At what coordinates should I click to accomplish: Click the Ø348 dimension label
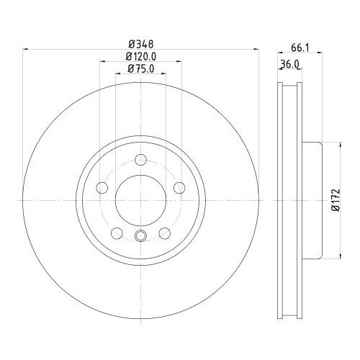coord(140,42)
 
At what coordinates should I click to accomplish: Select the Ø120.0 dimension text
coord(140,55)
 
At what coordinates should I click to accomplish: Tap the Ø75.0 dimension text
coord(140,68)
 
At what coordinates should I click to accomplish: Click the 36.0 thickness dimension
coord(289,65)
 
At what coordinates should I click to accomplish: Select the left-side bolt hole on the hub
coord(102,188)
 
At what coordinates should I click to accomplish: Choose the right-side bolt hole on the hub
coord(179,188)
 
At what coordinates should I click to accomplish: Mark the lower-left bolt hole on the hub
coord(117,233)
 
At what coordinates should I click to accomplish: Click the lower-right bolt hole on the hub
coord(165,233)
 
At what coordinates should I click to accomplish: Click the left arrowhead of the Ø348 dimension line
coord(27,49)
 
